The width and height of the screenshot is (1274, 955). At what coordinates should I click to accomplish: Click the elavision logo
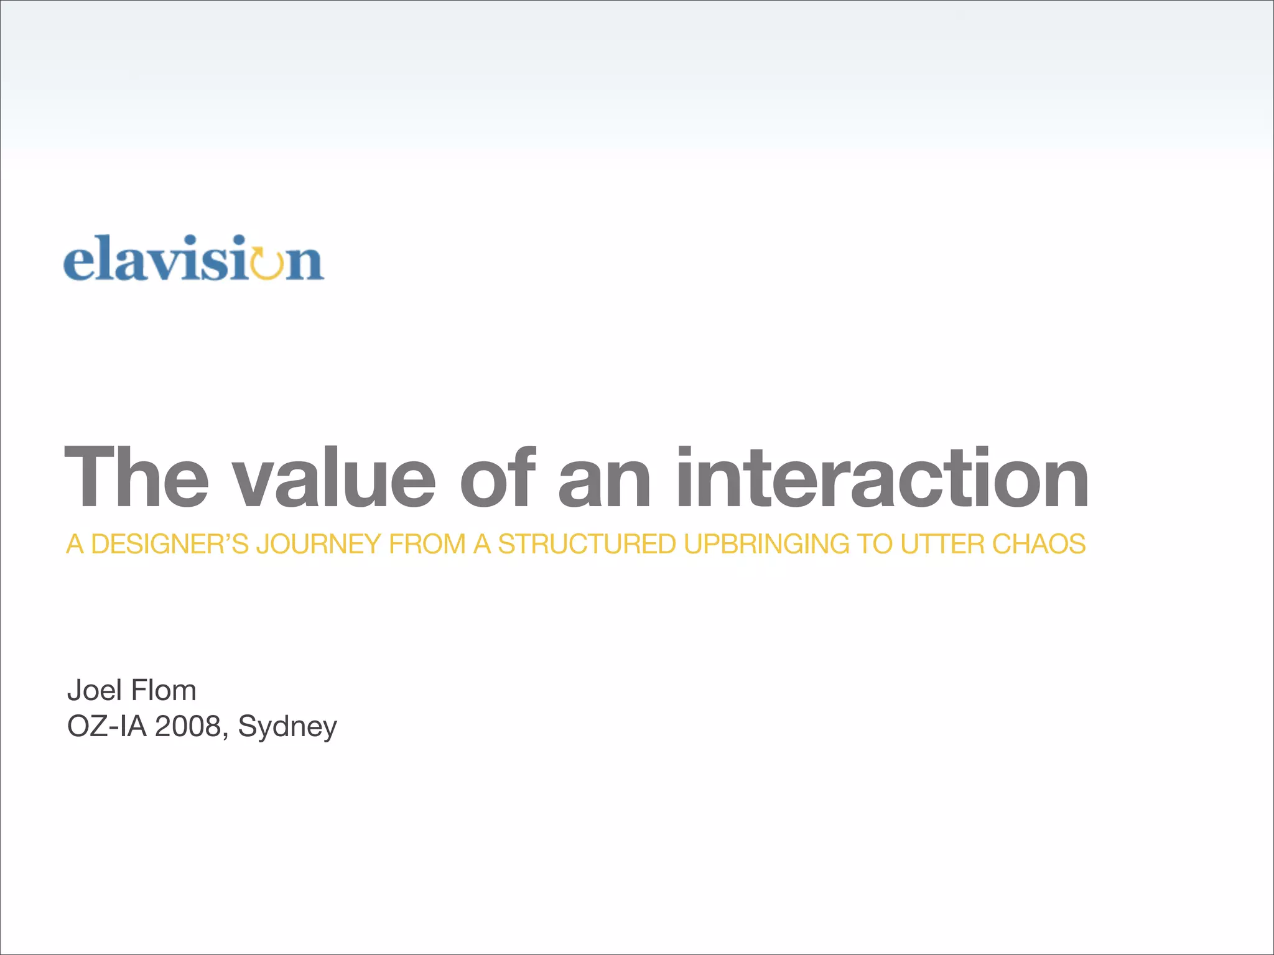pyautogui.click(x=193, y=259)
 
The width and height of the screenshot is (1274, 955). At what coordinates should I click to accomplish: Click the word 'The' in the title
pyautogui.click(x=136, y=477)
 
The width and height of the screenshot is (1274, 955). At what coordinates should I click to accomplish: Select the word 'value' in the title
pyautogui.click(x=335, y=477)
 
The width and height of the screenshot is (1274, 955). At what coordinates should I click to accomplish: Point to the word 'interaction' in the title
pyautogui.click(x=882, y=477)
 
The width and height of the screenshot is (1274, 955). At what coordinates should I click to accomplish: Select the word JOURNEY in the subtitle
pyautogui.click(x=318, y=544)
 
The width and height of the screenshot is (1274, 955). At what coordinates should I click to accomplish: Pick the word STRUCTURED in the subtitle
pyautogui.click(x=587, y=544)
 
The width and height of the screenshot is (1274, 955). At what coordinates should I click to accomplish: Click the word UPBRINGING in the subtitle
pyautogui.click(x=766, y=544)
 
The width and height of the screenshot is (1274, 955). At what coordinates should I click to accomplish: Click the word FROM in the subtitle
pyautogui.click(x=427, y=544)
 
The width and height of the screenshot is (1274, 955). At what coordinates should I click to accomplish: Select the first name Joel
pyautogui.click(x=95, y=690)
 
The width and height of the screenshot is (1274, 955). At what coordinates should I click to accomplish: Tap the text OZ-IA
pyautogui.click(x=106, y=726)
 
